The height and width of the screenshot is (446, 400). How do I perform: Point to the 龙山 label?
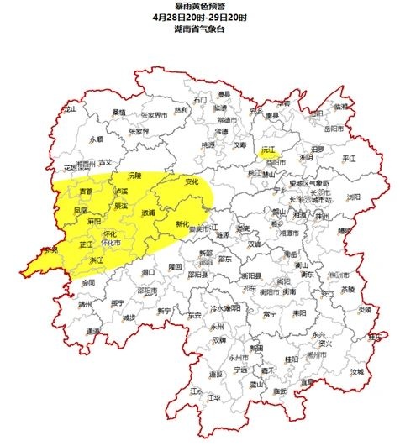(70, 109)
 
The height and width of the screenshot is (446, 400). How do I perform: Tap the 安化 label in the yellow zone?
(191, 181)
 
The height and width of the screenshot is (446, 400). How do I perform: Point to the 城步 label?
(129, 317)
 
